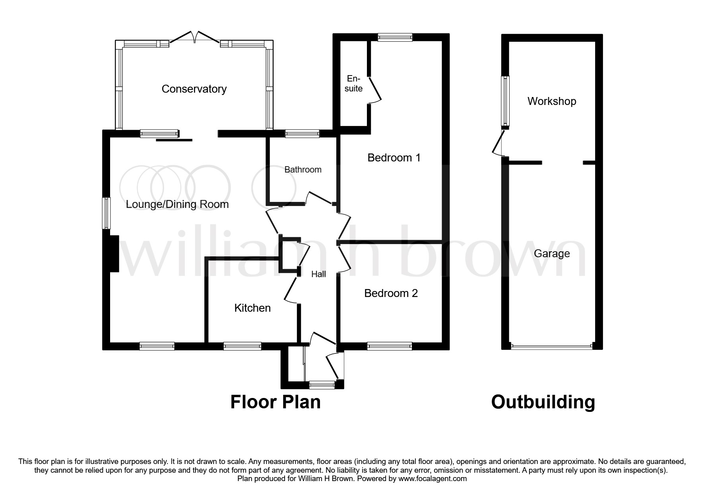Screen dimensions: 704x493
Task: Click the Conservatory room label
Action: (x=194, y=89)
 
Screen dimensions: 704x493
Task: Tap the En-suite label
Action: (x=353, y=83)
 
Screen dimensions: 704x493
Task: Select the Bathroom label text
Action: (x=303, y=170)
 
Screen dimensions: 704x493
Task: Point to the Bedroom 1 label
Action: (x=394, y=158)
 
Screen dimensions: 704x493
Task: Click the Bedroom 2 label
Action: (x=391, y=293)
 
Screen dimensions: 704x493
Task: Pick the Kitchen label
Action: (x=252, y=308)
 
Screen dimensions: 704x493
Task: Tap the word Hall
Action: (x=318, y=274)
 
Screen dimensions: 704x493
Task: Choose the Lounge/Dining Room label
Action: (x=177, y=204)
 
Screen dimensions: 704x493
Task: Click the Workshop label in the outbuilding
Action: (x=552, y=101)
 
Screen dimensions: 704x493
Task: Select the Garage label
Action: (x=552, y=254)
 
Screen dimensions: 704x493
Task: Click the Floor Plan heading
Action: (x=275, y=402)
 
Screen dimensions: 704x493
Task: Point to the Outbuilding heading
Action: (x=543, y=402)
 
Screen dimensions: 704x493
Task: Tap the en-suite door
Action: (x=374, y=89)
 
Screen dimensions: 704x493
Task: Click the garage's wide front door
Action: (x=552, y=346)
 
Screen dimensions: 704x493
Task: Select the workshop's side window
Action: (x=505, y=101)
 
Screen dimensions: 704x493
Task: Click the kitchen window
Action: (x=242, y=346)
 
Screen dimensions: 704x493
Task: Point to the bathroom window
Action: (x=302, y=134)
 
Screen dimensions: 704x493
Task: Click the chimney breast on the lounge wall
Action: (x=114, y=254)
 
